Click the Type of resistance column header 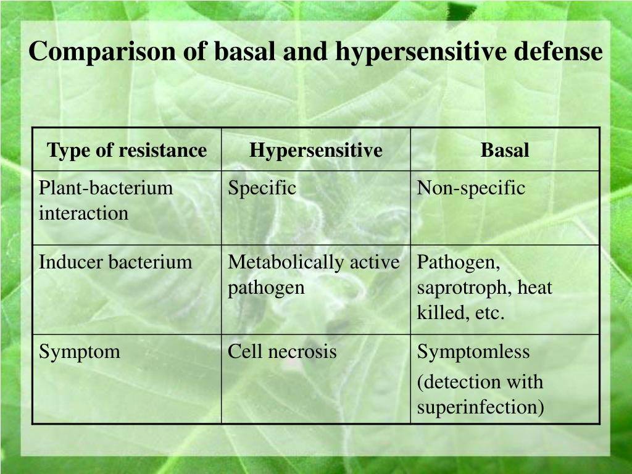127,150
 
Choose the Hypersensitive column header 315,150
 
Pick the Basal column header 505,150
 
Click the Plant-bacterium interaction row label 106,201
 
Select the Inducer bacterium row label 116,262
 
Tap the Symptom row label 80,352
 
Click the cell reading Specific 262,188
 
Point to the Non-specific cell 471,188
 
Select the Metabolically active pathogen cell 314,275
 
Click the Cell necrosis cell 282,352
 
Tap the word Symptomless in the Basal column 473,352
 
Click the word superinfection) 481,408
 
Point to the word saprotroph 465,288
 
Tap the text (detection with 480,382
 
